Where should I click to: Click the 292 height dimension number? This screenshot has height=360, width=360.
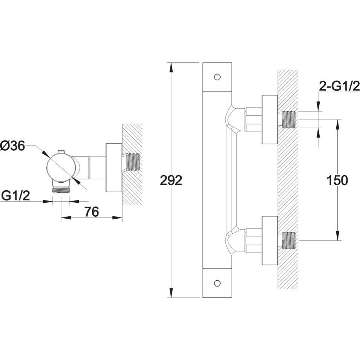coord(171,180)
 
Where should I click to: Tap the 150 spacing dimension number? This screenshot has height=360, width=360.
coord(337,180)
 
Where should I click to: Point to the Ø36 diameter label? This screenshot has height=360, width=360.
coord(12,146)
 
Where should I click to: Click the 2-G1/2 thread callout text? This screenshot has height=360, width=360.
coord(339,87)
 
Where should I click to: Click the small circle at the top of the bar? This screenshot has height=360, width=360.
coord(217,77)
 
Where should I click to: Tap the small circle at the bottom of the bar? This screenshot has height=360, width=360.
coord(217,283)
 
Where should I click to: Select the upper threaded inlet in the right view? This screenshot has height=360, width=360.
coord(288,119)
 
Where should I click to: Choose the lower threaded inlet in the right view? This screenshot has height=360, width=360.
coord(288,241)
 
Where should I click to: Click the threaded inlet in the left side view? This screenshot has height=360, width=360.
coord(133,162)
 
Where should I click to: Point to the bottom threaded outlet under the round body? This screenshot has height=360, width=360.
coord(61,190)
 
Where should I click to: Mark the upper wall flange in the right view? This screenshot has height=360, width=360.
coord(270,119)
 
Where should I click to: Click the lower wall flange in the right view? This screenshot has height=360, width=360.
coord(270,241)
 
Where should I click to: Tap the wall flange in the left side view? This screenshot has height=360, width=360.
coord(114,168)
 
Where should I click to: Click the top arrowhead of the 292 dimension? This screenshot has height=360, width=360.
coord(170,68)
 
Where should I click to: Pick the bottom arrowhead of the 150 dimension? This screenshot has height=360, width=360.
coord(337,235)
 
